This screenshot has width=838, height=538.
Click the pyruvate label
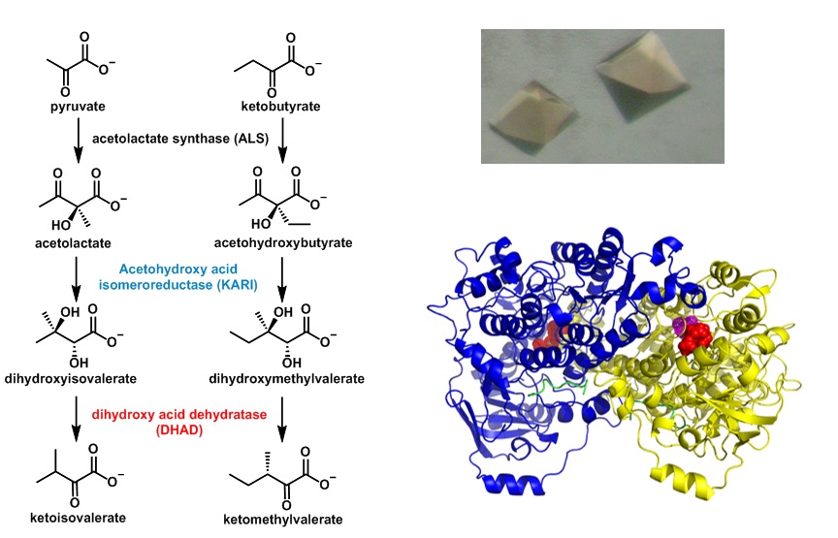(x=77, y=104)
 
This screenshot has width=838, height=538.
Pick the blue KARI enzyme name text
(x=179, y=281)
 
